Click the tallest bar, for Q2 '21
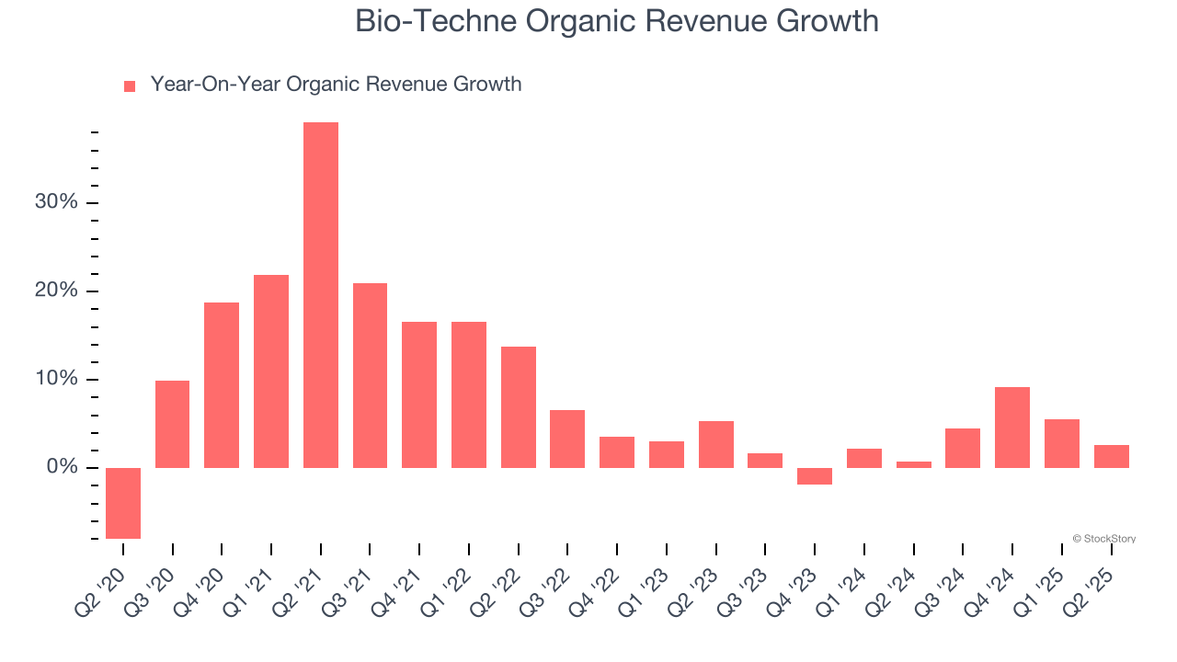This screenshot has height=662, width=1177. [x=321, y=295]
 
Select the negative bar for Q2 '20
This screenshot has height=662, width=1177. [x=123, y=503]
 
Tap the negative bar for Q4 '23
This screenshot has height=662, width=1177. [x=815, y=476]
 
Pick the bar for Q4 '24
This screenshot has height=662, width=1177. [x=1012, y=428]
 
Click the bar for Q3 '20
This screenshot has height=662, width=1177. [x=173, y=424]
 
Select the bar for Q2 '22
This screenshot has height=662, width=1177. [x=519, y=407]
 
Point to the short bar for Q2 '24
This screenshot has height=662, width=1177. [x=914, y=464]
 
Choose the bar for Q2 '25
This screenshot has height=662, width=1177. [x=1111, y=456]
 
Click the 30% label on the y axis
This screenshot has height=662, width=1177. [x=56, y=202]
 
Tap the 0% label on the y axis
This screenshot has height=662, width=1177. [x=62, y=468]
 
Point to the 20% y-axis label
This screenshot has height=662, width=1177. [x=56, y=291]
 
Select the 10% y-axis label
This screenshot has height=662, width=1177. [x=56, y=380]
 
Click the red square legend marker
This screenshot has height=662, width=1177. [x=130, y=86]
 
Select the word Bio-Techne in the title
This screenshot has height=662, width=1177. [x=423, y=21]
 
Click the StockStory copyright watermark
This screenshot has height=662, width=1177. [x=1104, y=539]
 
